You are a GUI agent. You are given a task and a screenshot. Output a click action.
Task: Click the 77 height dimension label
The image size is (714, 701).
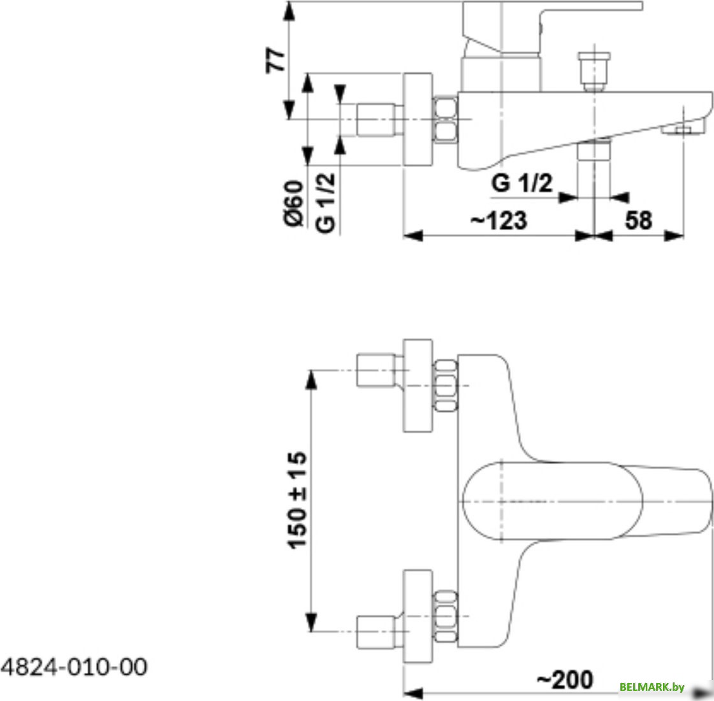click(276, 60)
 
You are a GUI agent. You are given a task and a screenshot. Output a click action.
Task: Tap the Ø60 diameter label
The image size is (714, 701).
click(294, 203)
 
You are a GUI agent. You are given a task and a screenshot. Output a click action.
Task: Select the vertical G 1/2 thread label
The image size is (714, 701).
click(326, 203)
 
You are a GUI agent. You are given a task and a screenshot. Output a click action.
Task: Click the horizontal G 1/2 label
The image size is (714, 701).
click(522, 183)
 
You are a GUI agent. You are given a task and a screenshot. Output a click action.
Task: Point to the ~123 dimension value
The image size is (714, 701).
click(499, 220)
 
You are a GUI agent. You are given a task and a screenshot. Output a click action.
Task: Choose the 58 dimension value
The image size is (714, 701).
click(638, 220)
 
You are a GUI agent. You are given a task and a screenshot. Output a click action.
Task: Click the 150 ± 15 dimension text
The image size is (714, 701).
click(297, 500)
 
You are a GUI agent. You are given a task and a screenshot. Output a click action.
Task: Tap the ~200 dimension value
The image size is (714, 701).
click(565, 680)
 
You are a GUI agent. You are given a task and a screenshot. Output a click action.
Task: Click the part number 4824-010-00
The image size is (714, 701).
click(74, 667)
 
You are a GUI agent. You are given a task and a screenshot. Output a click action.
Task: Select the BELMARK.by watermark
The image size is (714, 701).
click(652, 687)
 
